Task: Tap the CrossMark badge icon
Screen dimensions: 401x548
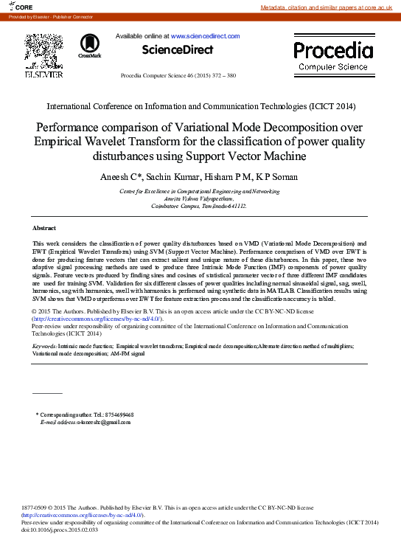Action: click(90, 45)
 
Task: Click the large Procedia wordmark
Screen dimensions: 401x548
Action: click(334, 50)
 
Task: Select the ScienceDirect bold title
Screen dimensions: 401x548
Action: click(178, 50)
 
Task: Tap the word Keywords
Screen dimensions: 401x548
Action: click(44, 346)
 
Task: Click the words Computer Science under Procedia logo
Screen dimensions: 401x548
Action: click(333, 66)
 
